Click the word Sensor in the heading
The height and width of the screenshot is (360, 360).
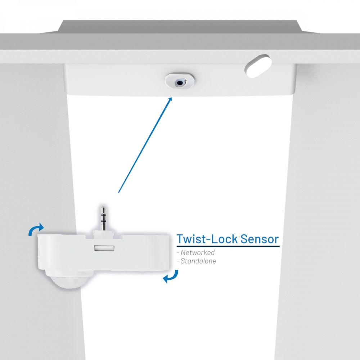260,239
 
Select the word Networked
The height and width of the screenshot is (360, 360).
198,253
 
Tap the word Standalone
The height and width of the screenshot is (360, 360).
198,261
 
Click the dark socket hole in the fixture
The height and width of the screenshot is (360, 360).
179,83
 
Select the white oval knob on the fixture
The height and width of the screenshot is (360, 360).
258,66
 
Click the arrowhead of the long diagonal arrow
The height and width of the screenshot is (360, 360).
170,99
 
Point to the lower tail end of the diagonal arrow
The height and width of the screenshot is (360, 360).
119,192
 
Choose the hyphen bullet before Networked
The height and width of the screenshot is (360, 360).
178,253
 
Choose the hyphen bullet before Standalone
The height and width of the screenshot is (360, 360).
178,261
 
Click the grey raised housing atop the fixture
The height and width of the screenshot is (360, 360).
180,27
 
